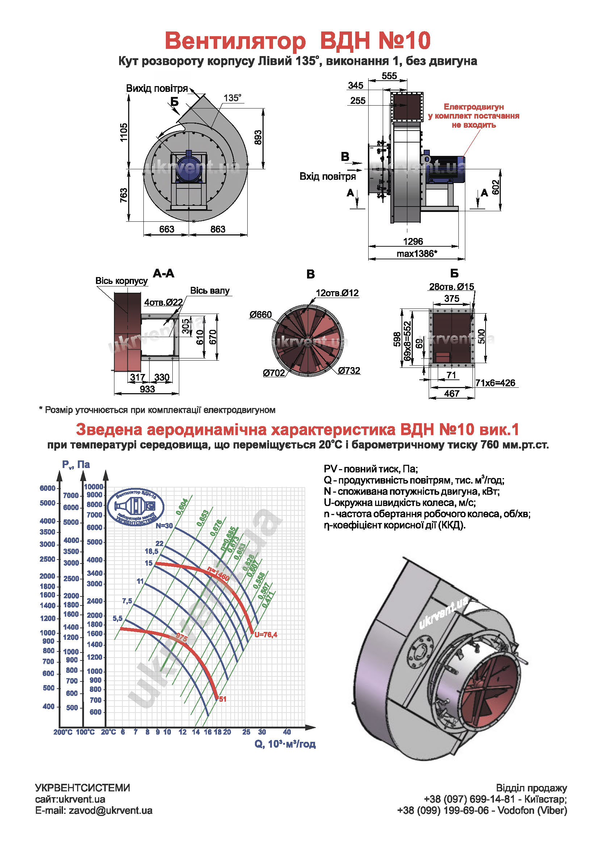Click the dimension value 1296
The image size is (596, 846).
(413, 241)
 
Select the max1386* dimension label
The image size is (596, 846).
(417, 254)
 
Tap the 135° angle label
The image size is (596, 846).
(232, 98)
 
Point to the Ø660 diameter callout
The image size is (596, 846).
(260, 315)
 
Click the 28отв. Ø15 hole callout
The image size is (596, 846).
(452, 287)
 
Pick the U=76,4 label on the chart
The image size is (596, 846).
(265, 634)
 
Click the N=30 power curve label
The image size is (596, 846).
(164, 526)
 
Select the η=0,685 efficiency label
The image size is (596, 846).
(227, 539)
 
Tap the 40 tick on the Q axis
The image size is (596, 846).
(287, 732)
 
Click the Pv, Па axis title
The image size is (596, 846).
(76, 465)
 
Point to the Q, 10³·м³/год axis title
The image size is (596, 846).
(285, 744)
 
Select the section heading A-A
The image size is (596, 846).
(163, 273)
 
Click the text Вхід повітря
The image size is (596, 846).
(327, 177)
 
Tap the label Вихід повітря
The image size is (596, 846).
(157, 88)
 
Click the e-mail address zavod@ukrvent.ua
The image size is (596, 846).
(110, 811)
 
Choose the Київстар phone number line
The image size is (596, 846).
(495, 799)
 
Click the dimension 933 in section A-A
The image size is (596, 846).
(147, 389)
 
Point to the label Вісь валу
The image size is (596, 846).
(210, 291)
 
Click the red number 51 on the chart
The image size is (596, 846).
(222, 699)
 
